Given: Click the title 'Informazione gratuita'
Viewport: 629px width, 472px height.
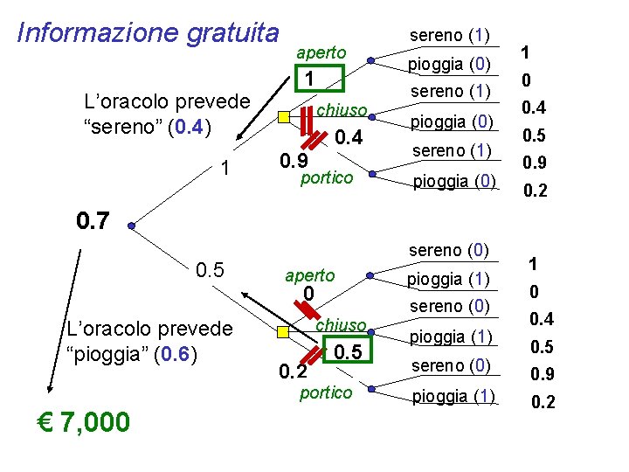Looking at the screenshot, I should tap(148, 32).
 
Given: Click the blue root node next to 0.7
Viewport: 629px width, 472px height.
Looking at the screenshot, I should tap(131, 226).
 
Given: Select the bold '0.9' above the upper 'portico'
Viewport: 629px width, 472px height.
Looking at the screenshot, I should tap(292, 162).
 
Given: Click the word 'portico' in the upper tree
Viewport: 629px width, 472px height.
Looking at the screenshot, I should tap(326, 177).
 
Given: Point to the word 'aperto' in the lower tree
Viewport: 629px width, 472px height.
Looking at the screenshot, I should tap(309, 274).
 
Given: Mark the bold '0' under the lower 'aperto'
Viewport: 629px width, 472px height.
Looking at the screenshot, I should tap(308, 294).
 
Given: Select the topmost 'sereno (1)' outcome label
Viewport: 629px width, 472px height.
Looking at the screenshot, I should tap(449, 36).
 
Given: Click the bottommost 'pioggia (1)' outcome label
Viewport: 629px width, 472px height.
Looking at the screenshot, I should tap(452, 396).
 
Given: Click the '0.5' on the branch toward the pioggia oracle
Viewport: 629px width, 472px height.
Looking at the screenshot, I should tap(210, 270).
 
